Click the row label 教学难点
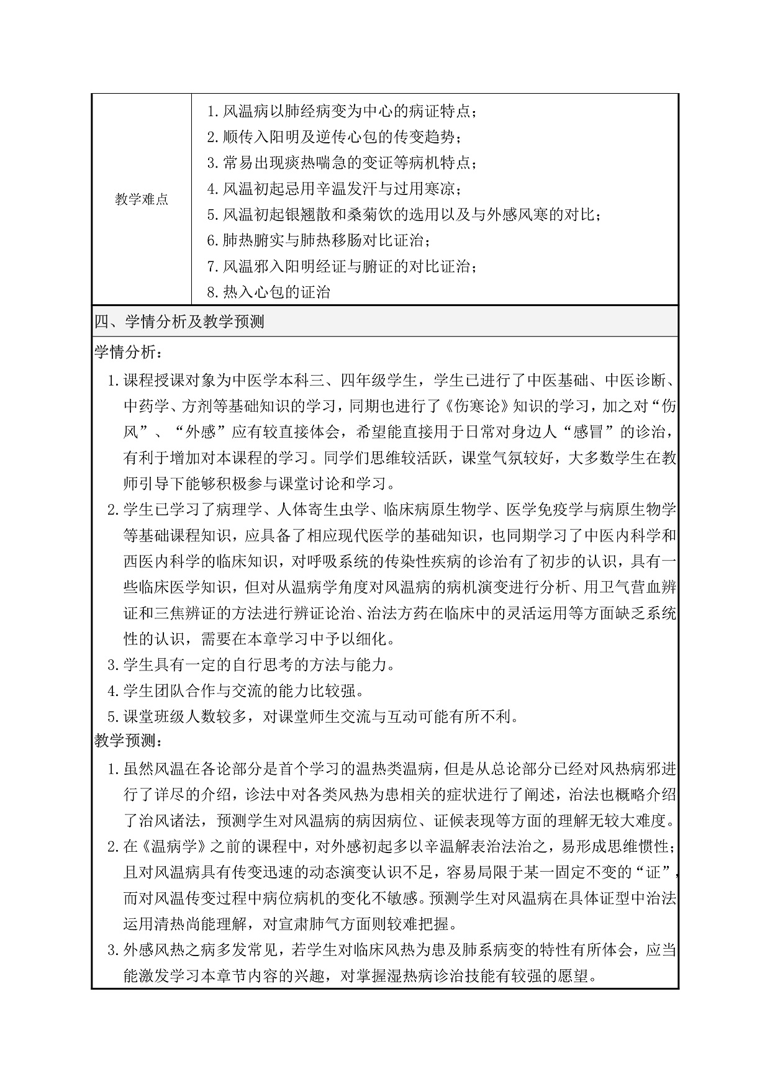click(142, 200)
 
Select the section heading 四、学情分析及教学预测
click(179, 322)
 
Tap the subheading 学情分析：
click(129, 353)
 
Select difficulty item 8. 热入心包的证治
click(268, 292)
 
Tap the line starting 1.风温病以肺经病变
click(342, 112)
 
